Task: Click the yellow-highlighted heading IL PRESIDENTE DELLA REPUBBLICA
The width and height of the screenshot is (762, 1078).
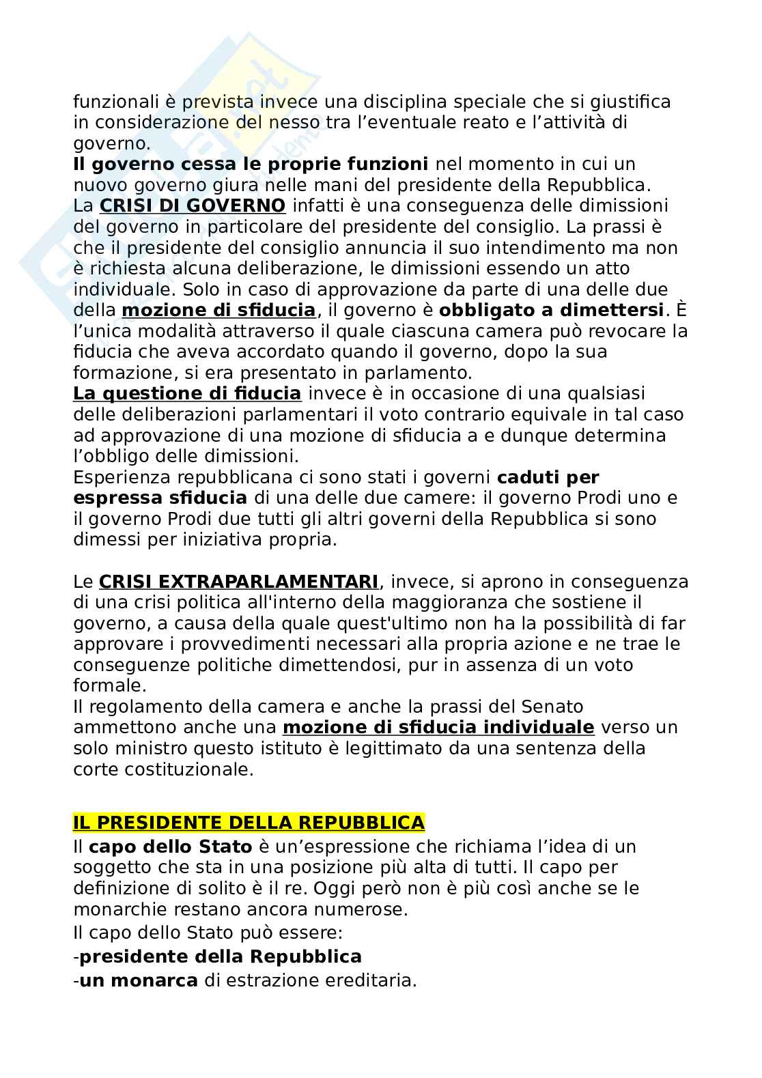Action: pos(249,823)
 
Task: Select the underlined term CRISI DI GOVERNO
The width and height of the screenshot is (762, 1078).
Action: pos(193,205)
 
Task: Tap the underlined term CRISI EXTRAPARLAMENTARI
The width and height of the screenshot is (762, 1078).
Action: pos(238,582)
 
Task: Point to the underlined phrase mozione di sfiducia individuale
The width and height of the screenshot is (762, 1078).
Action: pos(438,727)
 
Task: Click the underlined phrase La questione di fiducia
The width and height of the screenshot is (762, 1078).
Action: pos(186,394)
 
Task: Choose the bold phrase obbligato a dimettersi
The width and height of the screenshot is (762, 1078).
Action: pos(551,310)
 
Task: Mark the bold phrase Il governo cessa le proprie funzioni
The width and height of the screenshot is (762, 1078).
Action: pos(251,164)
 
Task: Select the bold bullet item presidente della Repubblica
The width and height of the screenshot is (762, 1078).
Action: pos(221,956)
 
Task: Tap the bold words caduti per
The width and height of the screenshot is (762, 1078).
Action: pos(548,477)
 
